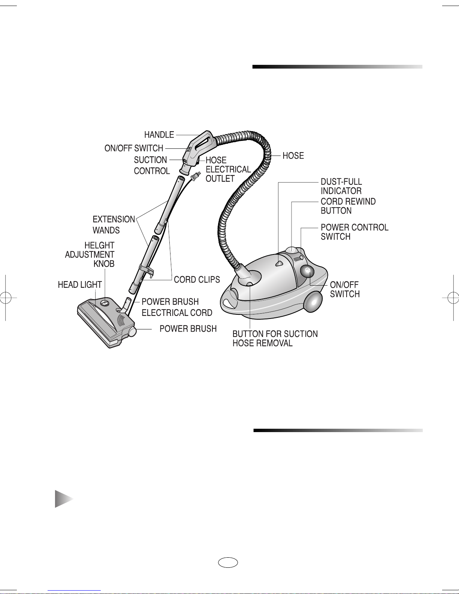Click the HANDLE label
coord(159,135)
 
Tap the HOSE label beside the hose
coord(293,156)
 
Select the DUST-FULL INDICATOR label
coord(341,186)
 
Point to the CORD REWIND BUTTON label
coord(348,206)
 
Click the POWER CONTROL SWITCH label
coord(354,232)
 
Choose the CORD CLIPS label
coord(197,280)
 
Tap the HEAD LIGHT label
coord(80,285)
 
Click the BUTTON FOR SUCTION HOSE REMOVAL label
coord(275,338)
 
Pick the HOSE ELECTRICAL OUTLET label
coord(228,169)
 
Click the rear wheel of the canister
coord(313,302)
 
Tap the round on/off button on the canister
coord(307,271)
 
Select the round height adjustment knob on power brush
coord(105,302)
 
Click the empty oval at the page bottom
coord(228,563)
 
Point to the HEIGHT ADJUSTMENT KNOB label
coord(90,254)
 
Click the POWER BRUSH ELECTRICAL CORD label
coord(177,307)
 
